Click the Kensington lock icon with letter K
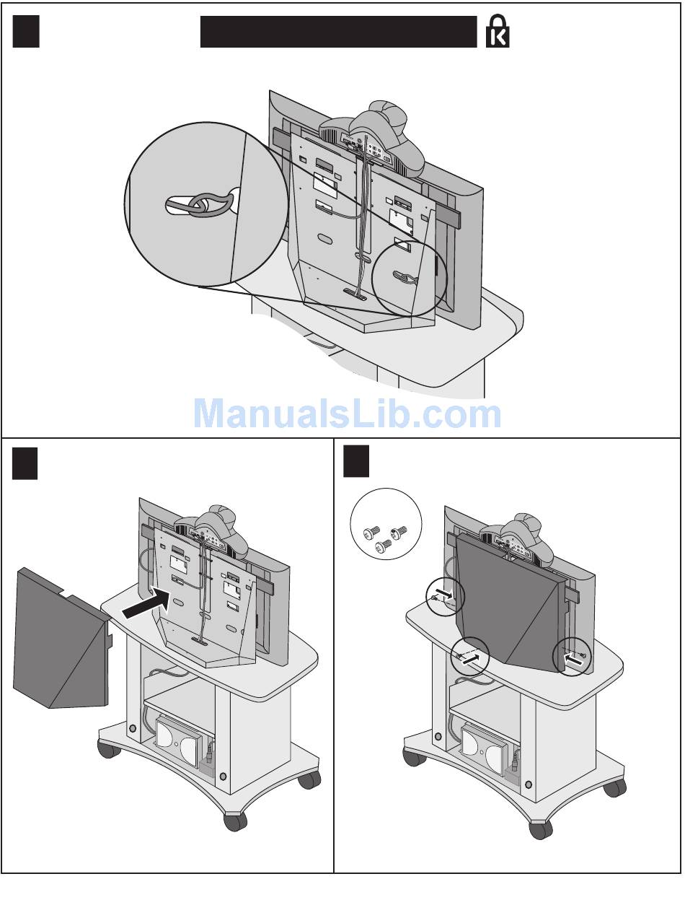pos(498,31)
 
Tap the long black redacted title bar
pos(338,32)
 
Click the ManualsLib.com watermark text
pos(348,414)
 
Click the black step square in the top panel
pos(26,31)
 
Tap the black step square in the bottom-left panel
pos(25,463)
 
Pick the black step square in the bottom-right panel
pos(356,461)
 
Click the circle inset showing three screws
pos(386,524)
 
